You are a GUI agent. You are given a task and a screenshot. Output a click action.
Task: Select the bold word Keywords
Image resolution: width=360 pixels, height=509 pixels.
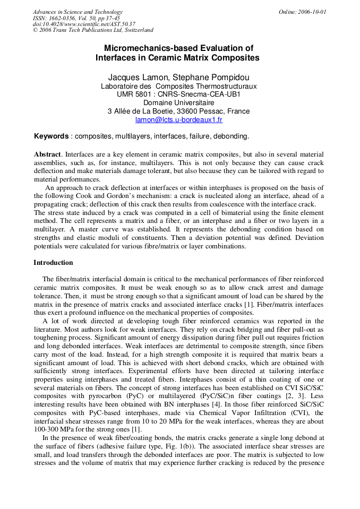point(51,136)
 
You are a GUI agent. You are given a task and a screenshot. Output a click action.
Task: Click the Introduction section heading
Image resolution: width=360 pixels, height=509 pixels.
point(53,263)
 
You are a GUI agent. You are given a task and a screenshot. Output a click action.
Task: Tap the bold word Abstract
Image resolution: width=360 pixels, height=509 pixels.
point(47,154)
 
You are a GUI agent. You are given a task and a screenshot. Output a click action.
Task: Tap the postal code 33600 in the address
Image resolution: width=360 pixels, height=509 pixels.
point(188,111)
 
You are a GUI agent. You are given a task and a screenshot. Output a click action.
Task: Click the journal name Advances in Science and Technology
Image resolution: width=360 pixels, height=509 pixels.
point(78,12)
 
